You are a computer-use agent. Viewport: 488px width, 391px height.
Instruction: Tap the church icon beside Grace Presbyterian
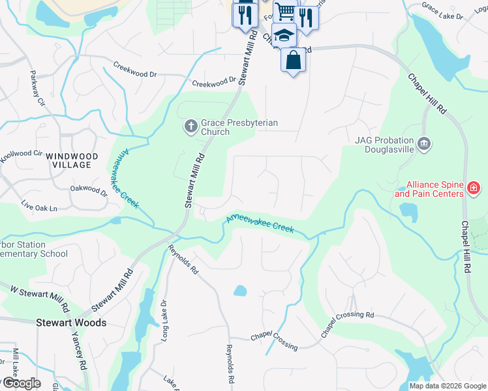(191, 126)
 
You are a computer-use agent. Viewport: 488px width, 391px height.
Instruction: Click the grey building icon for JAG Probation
(423, 143)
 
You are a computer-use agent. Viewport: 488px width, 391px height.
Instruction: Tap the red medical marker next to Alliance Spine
(473, 189)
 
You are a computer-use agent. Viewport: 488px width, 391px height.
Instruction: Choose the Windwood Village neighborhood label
(73, 160)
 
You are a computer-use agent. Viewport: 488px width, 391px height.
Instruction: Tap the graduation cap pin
(284, 36)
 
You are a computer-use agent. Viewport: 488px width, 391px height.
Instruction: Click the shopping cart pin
(285, 11)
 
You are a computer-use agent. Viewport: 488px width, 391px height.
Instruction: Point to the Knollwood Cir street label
(21, 156)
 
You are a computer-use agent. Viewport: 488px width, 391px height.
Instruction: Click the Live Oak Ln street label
(39, 208)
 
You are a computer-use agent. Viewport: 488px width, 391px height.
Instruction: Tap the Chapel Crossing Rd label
(347, 323)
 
